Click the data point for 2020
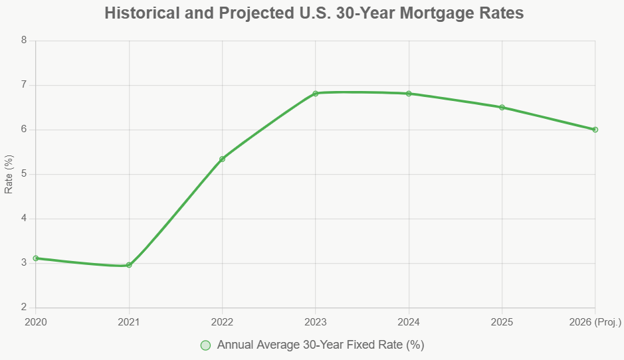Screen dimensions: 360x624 tap(36, 258)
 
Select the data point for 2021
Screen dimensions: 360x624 tap(129, 265)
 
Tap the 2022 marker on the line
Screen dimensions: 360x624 tap(222, 159)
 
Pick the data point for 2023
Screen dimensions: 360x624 tap(316, 94)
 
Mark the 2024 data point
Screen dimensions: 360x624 tap(409, 94)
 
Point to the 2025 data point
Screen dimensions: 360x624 tap(502, 108)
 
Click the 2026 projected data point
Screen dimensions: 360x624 tap(595, 130)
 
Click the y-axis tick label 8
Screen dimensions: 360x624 tap(24, 41)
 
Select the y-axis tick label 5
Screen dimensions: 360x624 tap(24, 174)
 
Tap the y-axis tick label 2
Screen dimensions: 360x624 tap(24, 308)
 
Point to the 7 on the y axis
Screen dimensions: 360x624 tap(24, 85)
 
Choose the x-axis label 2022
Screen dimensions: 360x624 tap(222, 322)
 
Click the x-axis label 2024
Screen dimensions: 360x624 tap(409, 322)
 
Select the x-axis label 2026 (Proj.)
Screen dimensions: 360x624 tap(595, 322)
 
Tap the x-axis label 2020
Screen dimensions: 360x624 tap(36, 322)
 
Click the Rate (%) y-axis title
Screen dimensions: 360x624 tap(9, 174)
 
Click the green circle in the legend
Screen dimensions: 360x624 tap(205, 345)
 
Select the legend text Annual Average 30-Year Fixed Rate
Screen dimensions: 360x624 tap(320, 345)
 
